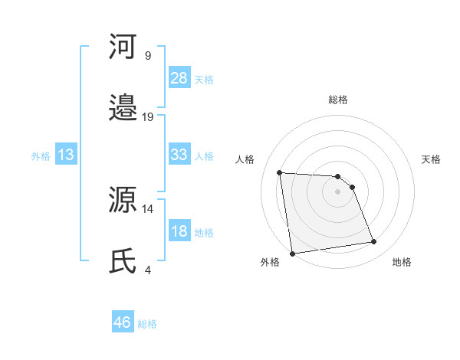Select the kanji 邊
[123, 109]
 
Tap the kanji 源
[123, 201]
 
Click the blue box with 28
[179, 78]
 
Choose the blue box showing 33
[179, 155]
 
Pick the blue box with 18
[179, 231]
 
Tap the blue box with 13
[66, 155]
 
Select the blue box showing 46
[123, 322]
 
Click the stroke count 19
[148, 116]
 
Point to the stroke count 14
[148, 208]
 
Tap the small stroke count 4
[147, 270]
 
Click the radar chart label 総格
[337, 100]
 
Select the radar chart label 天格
[432, 159]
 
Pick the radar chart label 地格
[402, 262]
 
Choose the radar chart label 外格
[270, 262]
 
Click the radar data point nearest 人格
[280, 172]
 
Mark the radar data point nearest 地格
[373, 242]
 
